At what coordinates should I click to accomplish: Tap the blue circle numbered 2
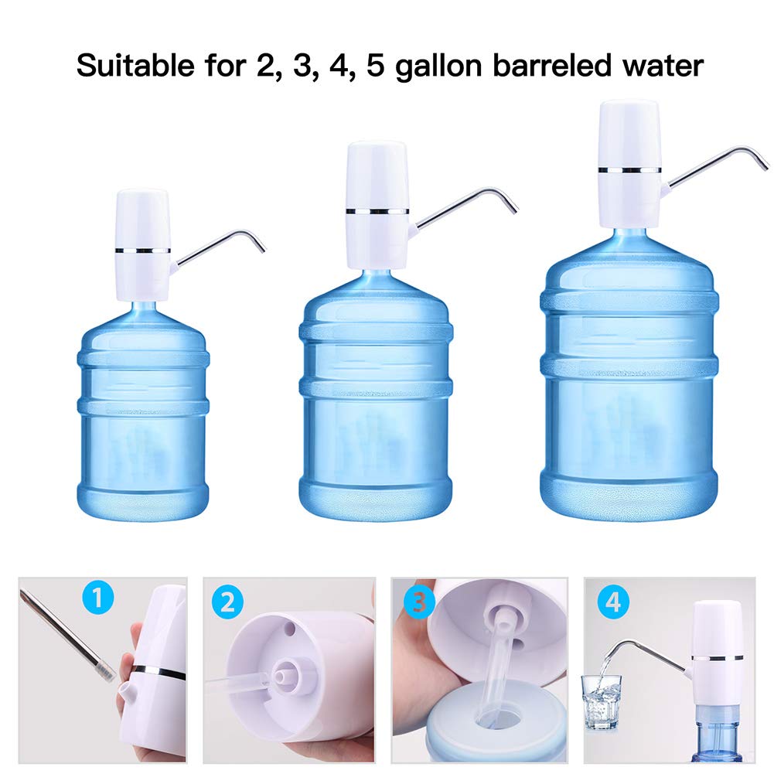pyautogui.click(x=227, y=602)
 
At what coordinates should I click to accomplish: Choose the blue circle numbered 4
pyautogui.click(x=613, y=602)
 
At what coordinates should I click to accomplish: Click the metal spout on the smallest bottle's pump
pyautogui.click(x=224, y=240)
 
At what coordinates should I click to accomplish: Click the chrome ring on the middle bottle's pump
pyautogui.click(x=377, y=210)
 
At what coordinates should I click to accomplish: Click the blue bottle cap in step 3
pyautogui.click(x=472, y=731)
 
